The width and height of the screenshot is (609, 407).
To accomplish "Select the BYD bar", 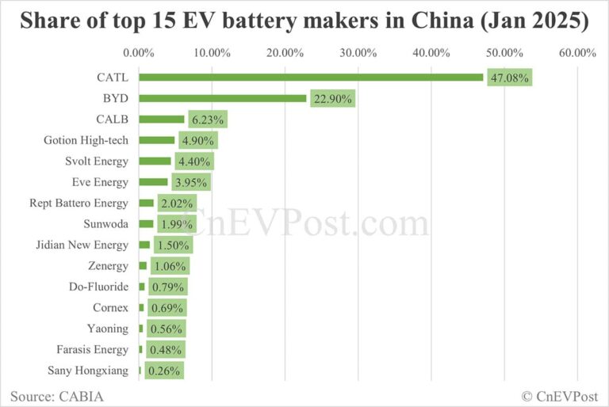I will pos(223,98).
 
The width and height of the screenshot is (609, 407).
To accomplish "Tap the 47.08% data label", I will pos(509,78).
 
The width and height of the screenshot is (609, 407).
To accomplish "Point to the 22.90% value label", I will pos(332,98).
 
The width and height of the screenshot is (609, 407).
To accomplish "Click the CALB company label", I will pos(113,120).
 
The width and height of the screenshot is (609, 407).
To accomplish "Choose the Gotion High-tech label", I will pos(86,140).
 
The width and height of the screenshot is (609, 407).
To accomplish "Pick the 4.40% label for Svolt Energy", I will pos(194,162).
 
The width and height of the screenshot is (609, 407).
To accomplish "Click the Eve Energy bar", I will pos(153,182).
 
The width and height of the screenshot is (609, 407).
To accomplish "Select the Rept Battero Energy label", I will pos(78,203).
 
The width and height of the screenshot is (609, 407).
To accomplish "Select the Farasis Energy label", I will pos(92,349).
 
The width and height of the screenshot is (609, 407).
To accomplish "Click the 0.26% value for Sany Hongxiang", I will pos(164,370).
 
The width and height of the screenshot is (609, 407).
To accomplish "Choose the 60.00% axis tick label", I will pos(577,53).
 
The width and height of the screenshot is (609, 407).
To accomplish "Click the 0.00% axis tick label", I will pos(140,53).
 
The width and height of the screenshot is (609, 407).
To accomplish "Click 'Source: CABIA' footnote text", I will pos(56,394).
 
